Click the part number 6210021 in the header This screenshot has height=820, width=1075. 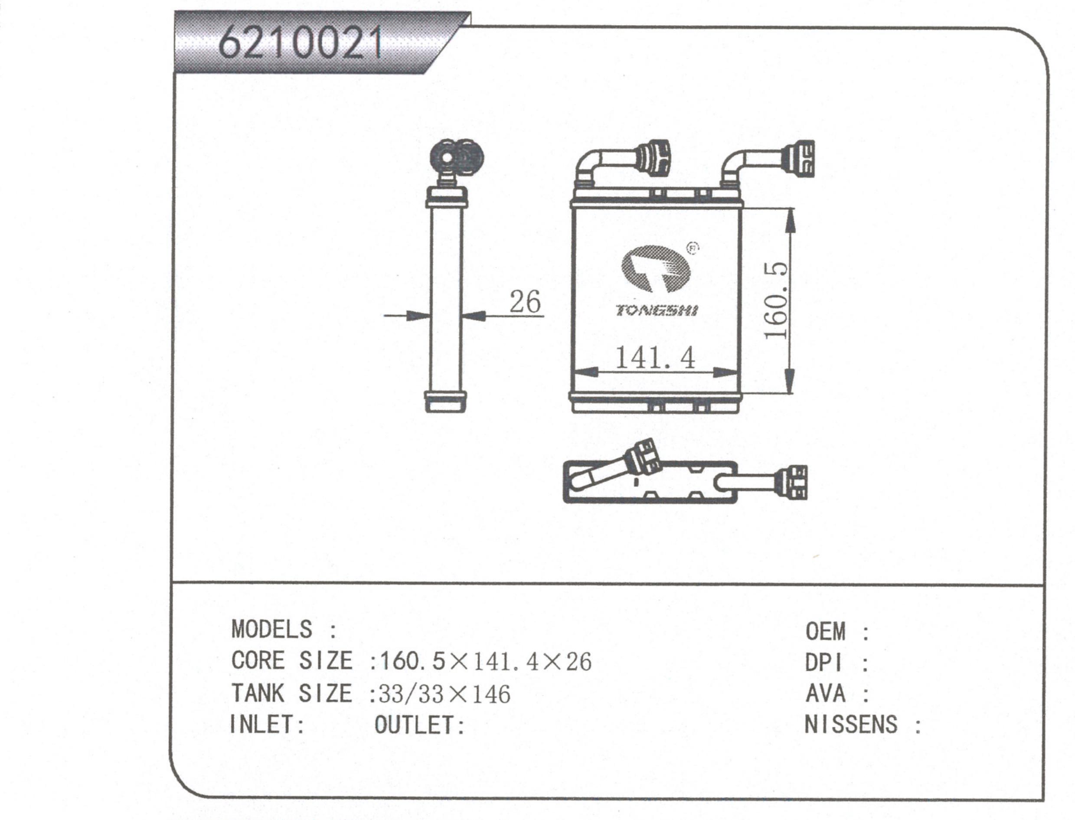point(300,43)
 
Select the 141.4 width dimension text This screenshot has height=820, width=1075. point(655,357)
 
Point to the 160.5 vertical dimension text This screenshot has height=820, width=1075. point(776,300)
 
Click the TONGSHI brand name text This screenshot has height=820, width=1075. point(657,310)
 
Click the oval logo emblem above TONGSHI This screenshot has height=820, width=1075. point(655,269)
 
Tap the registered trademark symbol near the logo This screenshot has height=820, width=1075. point(693,248)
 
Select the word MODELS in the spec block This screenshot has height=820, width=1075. point(271,629)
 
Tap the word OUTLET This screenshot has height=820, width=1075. point(418,725)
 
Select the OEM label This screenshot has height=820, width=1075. point(825,632)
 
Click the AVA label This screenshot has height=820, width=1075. point(825,693)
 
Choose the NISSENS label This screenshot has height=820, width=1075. point(850,724)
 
